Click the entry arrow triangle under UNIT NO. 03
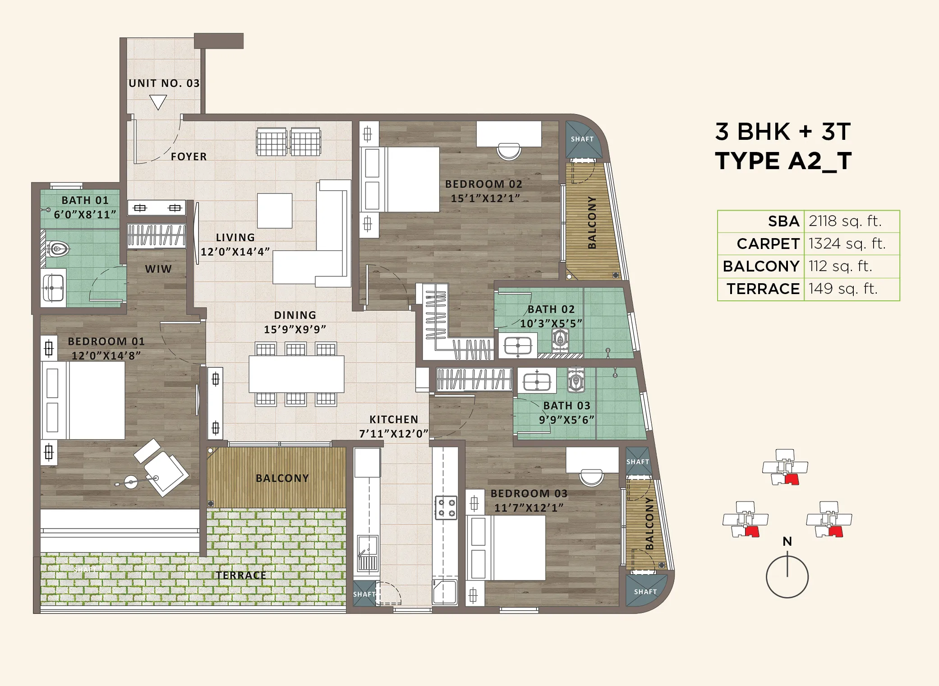coord(158,101)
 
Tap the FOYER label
coord(189,157)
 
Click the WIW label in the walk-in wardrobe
coord(158,269)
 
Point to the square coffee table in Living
coord(275,211)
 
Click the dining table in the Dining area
coord(296,374)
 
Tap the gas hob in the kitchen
coord(446,508)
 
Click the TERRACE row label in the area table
coord(763,289)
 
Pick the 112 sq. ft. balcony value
coord(840,266)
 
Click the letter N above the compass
coord(787,541)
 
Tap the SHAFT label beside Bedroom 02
coord(582,139)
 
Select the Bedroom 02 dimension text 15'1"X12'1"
coord(485,198)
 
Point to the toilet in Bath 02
coord(560,338)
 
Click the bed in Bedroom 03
coord(507,548)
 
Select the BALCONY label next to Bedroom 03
coord(649,523)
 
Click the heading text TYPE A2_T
coord(783,161)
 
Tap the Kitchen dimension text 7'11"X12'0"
coord(393,434)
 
